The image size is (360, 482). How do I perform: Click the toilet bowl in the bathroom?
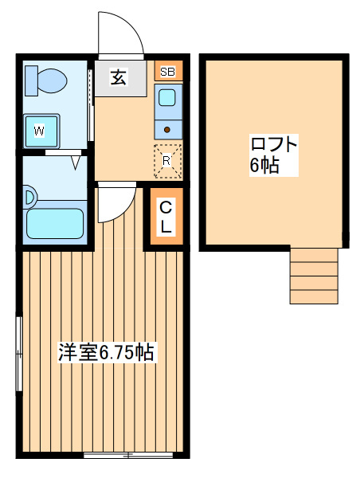pos(53,80)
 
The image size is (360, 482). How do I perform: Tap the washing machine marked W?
pos(41,131)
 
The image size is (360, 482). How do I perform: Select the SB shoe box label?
pos(167,72)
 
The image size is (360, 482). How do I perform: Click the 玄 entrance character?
pos(119,77)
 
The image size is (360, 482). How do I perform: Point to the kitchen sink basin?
pos(167,98)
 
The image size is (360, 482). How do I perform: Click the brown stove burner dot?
pos(167,130)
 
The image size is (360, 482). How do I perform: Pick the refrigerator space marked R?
pos(167,161)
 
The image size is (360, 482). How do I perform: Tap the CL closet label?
pos(166,217)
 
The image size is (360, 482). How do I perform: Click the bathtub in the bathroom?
pos(55,224)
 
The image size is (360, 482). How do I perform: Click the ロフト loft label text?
pos(274,144)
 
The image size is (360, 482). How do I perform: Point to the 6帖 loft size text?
pos(264,165)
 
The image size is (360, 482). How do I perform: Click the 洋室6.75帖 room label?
pos(106,352)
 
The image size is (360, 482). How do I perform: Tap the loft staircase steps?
pos(314,276)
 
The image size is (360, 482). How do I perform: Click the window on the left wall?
pos(19,354)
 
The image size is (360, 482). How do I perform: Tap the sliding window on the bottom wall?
pos(128,455)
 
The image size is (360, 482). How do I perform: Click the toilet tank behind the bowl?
pos(31,80)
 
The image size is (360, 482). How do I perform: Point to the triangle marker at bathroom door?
pos(76,163)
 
